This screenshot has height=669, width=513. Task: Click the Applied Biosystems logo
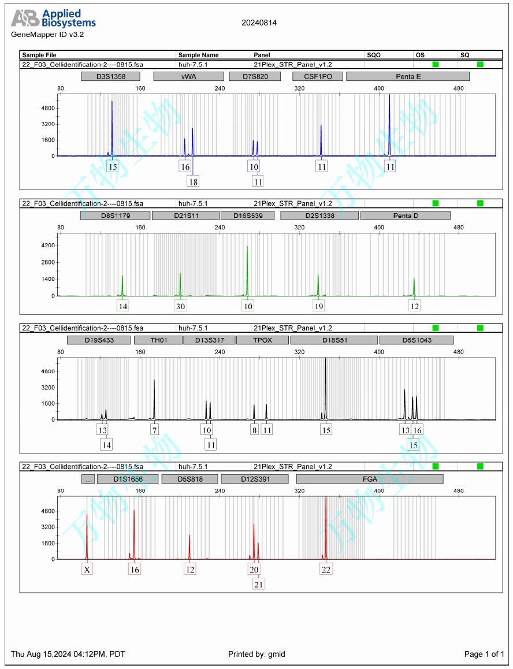click(x=53, y=18)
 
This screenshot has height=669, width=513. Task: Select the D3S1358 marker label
click(x=111, y=76)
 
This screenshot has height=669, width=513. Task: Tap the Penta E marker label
click(x=407, y=76)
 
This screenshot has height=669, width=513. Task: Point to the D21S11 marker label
click(x=185, y=215)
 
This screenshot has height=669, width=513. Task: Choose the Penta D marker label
click(x=405, y=215)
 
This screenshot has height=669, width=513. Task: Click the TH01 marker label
click(x=158, y=340)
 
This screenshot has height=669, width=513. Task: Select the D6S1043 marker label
click(x=416, y=340)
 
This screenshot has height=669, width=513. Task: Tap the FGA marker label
click(x=369, y=479)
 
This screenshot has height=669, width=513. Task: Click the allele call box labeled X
click(x=87, y=570)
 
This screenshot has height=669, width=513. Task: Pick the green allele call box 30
click(x=180, y=306)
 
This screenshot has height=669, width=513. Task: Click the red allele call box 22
click(x=326, y=570)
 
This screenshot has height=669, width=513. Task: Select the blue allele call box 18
click(x=193, y=181)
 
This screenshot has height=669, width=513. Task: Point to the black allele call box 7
click(x=154, y=430)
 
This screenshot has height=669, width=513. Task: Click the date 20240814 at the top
click(x=259, y=23)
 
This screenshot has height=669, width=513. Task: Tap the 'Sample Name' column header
click(x=198, y=55)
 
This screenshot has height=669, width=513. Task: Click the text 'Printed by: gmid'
click(x=256, y=654)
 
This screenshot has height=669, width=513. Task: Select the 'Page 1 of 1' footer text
click(x=484, y=654)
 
